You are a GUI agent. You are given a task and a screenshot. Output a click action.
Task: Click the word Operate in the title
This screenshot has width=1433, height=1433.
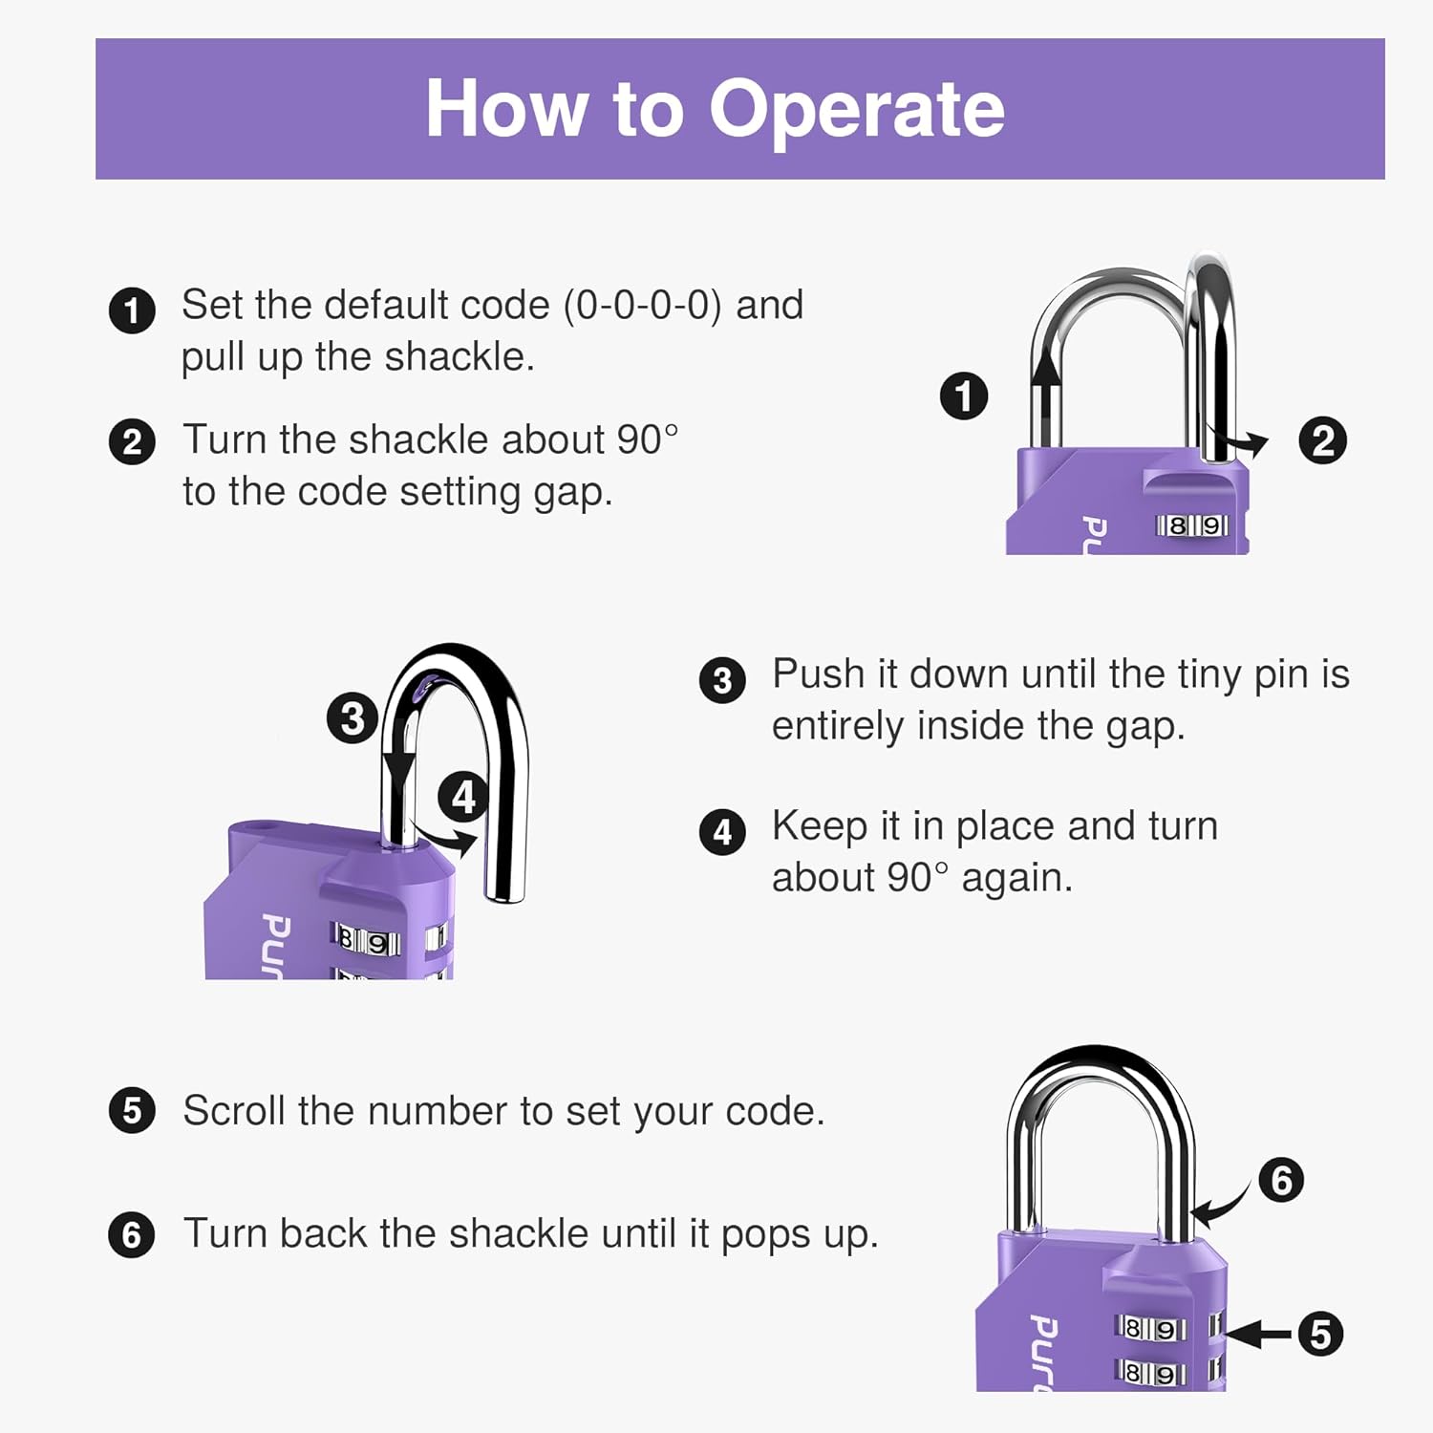856,110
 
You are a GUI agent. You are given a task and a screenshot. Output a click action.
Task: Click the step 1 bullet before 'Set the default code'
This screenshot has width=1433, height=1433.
132,310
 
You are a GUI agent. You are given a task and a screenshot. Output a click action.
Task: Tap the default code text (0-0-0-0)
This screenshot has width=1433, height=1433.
642,306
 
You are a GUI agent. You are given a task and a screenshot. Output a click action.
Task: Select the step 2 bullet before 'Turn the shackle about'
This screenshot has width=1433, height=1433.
132,443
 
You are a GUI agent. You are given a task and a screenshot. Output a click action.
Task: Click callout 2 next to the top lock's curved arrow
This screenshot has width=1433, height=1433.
1322,441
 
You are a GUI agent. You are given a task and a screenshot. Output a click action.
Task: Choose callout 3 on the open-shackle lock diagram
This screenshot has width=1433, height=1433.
352,718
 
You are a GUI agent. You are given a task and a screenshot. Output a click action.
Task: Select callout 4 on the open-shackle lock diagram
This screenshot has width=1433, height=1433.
463,798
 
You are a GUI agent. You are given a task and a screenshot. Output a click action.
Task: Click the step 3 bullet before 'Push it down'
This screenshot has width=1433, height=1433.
722,680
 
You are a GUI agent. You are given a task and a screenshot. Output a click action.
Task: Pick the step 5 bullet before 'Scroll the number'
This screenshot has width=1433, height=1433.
132,1111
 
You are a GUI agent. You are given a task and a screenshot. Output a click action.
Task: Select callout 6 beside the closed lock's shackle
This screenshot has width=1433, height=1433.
1281,1181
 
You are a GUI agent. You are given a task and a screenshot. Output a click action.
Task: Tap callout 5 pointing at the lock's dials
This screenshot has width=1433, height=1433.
1320,1334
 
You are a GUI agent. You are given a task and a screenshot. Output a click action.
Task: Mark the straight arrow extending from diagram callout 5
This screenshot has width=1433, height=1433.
1259,1334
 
